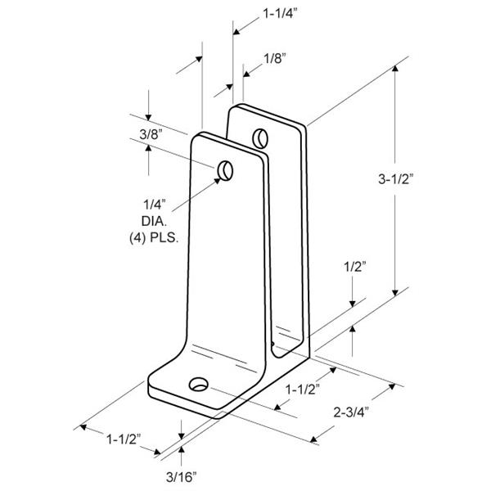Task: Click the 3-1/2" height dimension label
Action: [396, 179]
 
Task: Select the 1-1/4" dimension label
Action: [280, 13]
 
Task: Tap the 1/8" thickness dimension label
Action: [275, 59]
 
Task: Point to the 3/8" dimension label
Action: [151, 135]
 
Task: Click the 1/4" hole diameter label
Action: [155, 205]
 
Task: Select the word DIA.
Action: [154, 221]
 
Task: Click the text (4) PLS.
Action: [154, 238]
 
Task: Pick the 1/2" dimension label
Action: [355, 267]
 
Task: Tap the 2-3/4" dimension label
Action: [351, 412]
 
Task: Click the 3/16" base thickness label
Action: [182, 477]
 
